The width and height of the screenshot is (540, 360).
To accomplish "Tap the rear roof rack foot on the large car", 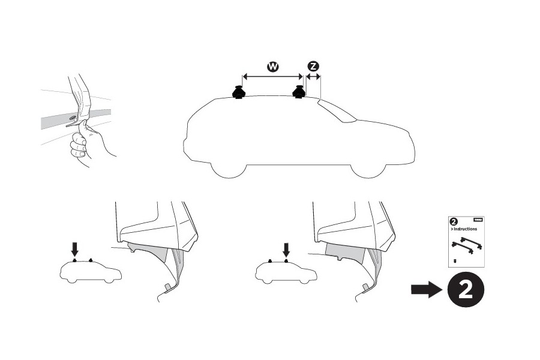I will (239, 93).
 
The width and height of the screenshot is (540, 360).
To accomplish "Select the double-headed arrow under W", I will (272, 77).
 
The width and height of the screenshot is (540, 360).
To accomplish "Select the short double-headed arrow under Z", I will (313, 77).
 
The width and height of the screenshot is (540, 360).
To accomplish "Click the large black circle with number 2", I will (464, 290).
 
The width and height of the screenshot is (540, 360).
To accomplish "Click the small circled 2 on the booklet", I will (454, 221).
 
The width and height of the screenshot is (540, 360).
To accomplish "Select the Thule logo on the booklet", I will (478, 220).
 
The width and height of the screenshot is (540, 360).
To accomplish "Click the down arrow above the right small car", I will (286, 248).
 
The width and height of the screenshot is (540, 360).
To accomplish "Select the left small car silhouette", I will (91, 274).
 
